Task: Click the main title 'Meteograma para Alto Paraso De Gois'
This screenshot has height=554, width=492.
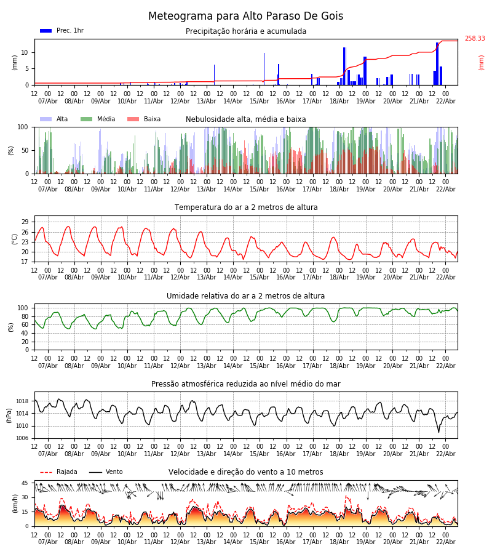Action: (245, 17)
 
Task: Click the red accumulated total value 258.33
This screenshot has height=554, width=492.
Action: (474, 39)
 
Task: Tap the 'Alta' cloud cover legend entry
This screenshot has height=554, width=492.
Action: (62, 119)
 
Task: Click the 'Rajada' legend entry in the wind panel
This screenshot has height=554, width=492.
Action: (66, 472)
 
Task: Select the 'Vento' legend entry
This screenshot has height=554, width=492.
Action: (114, 472)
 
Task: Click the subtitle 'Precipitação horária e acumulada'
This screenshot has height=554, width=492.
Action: (245, 31)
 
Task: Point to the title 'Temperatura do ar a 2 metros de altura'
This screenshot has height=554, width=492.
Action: (245, 207)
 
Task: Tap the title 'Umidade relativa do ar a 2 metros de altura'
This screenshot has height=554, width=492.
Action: (245, 296)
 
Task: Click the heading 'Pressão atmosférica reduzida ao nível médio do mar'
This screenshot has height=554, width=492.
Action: (245, 384)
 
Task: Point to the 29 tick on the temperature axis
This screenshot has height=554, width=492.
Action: (25, 222)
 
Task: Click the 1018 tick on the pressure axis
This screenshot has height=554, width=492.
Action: (22, 401)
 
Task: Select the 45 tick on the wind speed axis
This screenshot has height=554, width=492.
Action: (25, 483)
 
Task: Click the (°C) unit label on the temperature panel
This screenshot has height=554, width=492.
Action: (14, 239)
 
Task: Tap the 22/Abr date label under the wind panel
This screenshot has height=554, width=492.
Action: (445, 542)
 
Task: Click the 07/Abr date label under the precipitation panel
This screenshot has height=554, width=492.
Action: (47, 101)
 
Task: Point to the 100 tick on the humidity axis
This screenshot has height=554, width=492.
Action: (23, 308)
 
